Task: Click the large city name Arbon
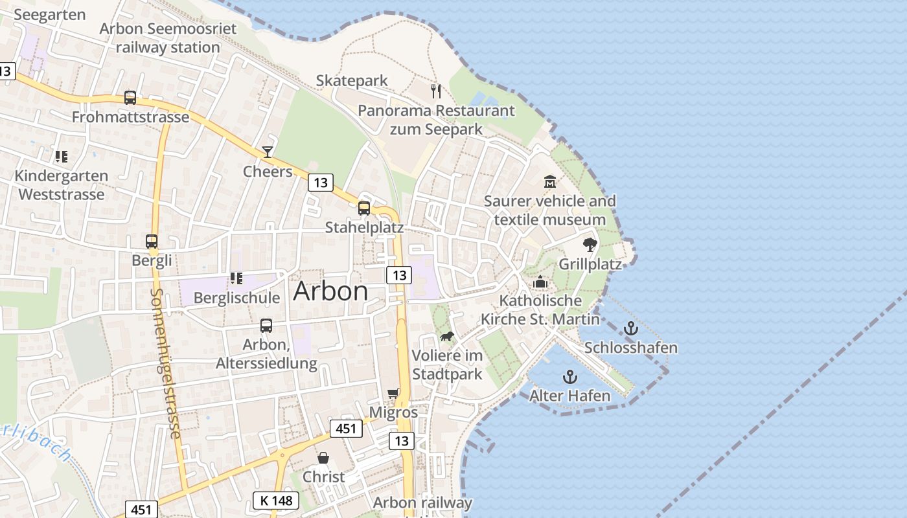[x=330, y=291]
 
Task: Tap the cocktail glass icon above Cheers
[x=267, y=152]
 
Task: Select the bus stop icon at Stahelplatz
[x=364, y=208]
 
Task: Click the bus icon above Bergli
[x=152, y=242]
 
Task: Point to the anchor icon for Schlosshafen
[x=630, y=328]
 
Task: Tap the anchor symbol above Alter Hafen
[x=569, y=376]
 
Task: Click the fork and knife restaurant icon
[x=436, y=91]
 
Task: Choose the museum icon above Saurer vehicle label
[x=550, y=181]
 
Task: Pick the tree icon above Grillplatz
[x=590, y=244]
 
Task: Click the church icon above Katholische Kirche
[x=540, y=282]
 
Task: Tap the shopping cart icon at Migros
[x=393, y=393]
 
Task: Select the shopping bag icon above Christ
[x=323, y=458]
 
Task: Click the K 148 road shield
[x=275, y=501]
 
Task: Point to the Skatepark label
[x=352, y=80]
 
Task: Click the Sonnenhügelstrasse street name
[x=165, y=363]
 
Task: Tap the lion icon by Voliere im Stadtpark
[x=447, y=336]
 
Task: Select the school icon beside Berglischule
[x=236, y=278]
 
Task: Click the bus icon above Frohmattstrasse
[x=130, y=98]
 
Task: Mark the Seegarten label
[x=49, y=14]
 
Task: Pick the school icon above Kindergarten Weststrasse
[x=62, y=156]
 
